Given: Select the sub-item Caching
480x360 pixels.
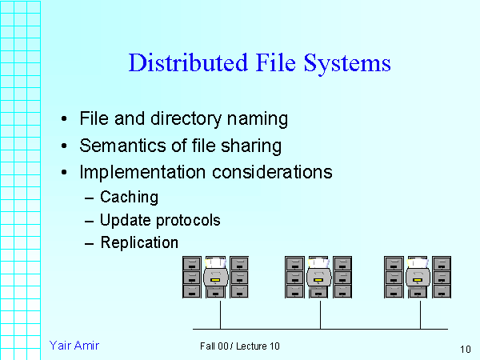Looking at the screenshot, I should [x=129, y=197].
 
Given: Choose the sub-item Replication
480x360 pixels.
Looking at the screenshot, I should [x=139, y=242].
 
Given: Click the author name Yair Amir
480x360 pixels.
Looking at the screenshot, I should [x=74, y=345].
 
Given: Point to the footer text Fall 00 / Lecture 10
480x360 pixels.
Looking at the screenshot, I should [x=240, y=346].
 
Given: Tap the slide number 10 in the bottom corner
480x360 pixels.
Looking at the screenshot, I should [x=466, y=349].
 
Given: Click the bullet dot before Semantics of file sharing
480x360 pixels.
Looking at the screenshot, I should [x=64, y=146].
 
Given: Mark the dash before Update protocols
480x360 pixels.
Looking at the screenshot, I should [x=88, y=220].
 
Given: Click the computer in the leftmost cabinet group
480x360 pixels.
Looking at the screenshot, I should [x=217, y=276].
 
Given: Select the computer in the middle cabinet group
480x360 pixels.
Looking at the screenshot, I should [x=319, y=276].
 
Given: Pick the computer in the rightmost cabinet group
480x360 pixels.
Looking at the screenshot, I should [x=418, y=276].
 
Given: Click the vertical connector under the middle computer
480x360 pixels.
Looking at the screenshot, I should [x=320, y=314].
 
